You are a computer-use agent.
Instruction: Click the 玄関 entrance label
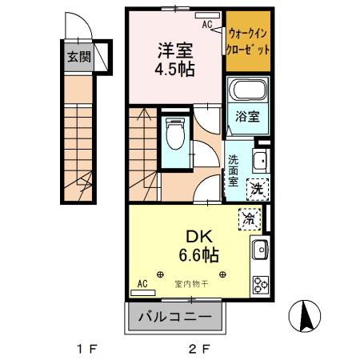point(78,57)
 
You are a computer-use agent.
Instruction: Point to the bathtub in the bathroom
point(246,91)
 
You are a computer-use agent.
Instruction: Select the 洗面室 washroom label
point(233,170)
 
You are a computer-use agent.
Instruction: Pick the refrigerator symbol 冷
point(249,218)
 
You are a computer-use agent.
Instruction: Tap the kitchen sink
point(261,253)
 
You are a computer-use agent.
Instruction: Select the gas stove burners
point(261,284)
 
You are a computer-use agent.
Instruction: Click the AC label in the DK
point(142,283)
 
